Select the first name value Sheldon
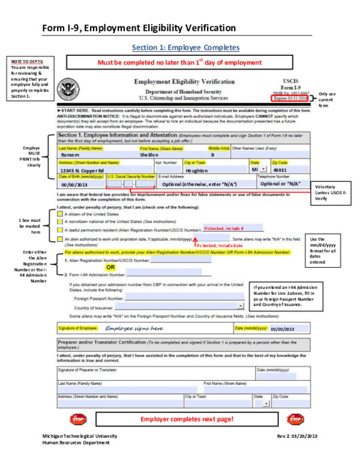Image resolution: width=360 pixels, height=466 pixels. tap(149, 154)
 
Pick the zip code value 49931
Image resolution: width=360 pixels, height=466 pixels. tap(280, 170)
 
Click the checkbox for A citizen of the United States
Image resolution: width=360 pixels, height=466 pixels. tap(59, 214)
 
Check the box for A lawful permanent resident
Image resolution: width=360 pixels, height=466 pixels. tap(59, 229)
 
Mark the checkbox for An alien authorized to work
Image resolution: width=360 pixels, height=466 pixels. tap(59, 238)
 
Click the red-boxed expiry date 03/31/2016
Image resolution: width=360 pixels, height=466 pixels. tap(294, 97)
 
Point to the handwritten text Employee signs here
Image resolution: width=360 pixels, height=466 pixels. tap(134, 328)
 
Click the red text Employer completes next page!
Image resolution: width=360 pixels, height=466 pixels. tap(187, 419)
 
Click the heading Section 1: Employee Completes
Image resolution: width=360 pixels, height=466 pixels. tap(185, 47)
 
